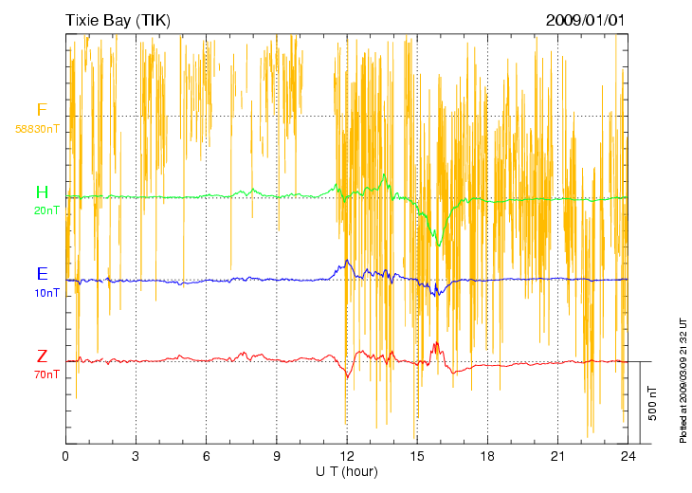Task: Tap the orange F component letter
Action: [x=42, y=110]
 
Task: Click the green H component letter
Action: [x=42, y=193]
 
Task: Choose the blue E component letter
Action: [x=42, y=274]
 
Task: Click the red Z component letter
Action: [x=42, y=356]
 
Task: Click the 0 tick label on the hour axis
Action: [x=65, y=455]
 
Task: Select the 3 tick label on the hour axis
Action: [x=136, y=455]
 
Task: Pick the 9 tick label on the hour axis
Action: [x=277, y=455]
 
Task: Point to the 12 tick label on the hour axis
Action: [x=347, y=455]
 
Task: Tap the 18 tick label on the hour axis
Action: [x=487, y=455]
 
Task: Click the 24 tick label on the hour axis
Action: [x=628, y=455]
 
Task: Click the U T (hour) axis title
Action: [x=347, y=471]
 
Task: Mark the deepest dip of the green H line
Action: [x=439, y=245]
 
